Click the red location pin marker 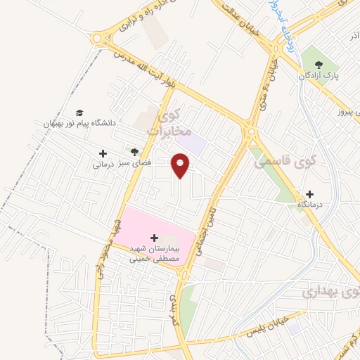click(181, 166)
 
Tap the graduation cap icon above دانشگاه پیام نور click(79, 112)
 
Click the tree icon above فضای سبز click(133, 152)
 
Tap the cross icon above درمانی click(103, 153)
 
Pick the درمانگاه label click(309, 204)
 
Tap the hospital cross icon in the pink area click(155, 238)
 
